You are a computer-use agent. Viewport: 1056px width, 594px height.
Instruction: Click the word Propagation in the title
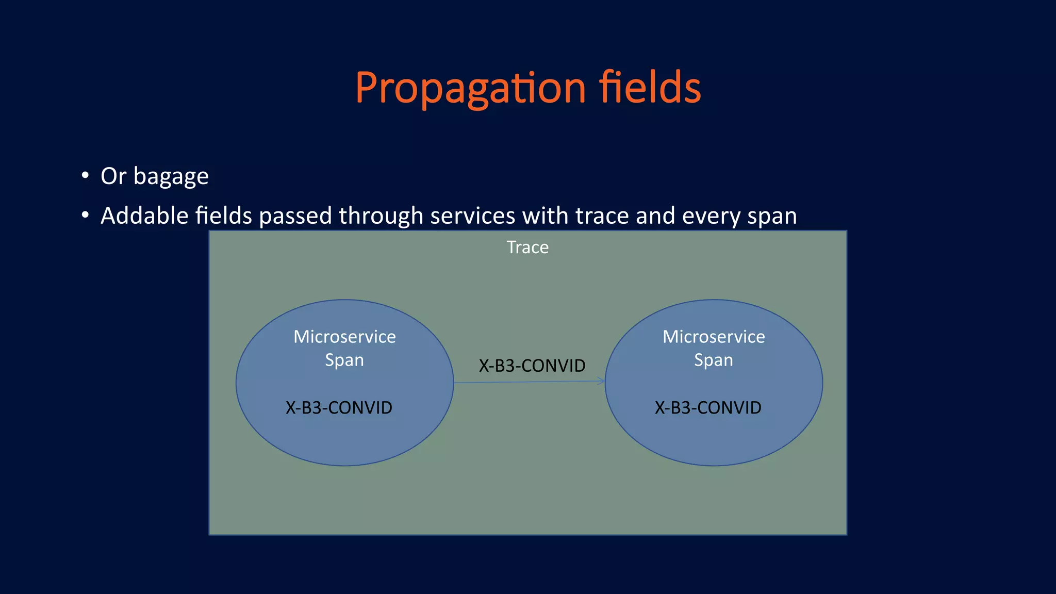(470, 89)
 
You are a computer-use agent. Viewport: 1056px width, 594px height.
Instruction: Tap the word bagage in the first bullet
(171, 177)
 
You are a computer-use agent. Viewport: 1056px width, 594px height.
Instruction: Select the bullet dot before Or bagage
(85, 175)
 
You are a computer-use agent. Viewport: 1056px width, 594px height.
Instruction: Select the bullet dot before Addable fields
(85, 214)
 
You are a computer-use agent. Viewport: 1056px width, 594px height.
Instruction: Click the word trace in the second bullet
(601, 216)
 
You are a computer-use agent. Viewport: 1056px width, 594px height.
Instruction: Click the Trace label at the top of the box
(527, 247)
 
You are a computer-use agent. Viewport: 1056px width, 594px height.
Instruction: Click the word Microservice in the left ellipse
(344, 337)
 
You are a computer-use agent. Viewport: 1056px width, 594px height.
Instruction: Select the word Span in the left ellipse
(344, 360)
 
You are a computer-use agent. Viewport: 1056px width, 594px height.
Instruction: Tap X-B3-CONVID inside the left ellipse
(339, 408)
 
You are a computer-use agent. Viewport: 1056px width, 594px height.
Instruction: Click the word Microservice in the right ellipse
(714, 337)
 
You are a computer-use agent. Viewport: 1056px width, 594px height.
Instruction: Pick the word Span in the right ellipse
(714, 360)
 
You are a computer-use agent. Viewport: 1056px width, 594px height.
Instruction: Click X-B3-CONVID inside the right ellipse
(708, 408)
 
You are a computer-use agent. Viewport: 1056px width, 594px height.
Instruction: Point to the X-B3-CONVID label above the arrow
(532, 366)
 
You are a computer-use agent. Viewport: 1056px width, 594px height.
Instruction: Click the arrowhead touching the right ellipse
(601, 381)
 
